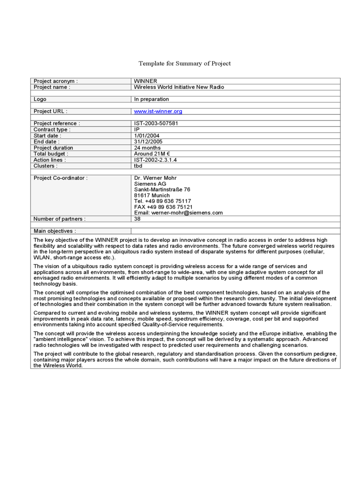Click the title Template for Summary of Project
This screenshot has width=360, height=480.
point(184,63)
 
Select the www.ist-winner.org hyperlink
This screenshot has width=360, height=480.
point(158,112)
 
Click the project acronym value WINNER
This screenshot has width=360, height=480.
point(146,81)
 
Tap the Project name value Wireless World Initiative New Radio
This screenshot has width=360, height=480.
point(179,87)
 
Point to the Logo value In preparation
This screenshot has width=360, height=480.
point(151,99)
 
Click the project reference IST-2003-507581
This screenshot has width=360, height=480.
point(156,124)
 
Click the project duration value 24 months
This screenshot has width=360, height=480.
point(148,148)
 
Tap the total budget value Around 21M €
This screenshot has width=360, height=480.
point(151,154)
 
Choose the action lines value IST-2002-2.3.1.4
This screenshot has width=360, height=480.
point(155,160)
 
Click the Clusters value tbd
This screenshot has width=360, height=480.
point(138,166)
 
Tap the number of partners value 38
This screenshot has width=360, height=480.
point(137,219)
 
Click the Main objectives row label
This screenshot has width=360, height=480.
point(54,231)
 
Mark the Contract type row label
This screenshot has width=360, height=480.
point(52,130)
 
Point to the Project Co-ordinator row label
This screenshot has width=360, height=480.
point(60,178)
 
